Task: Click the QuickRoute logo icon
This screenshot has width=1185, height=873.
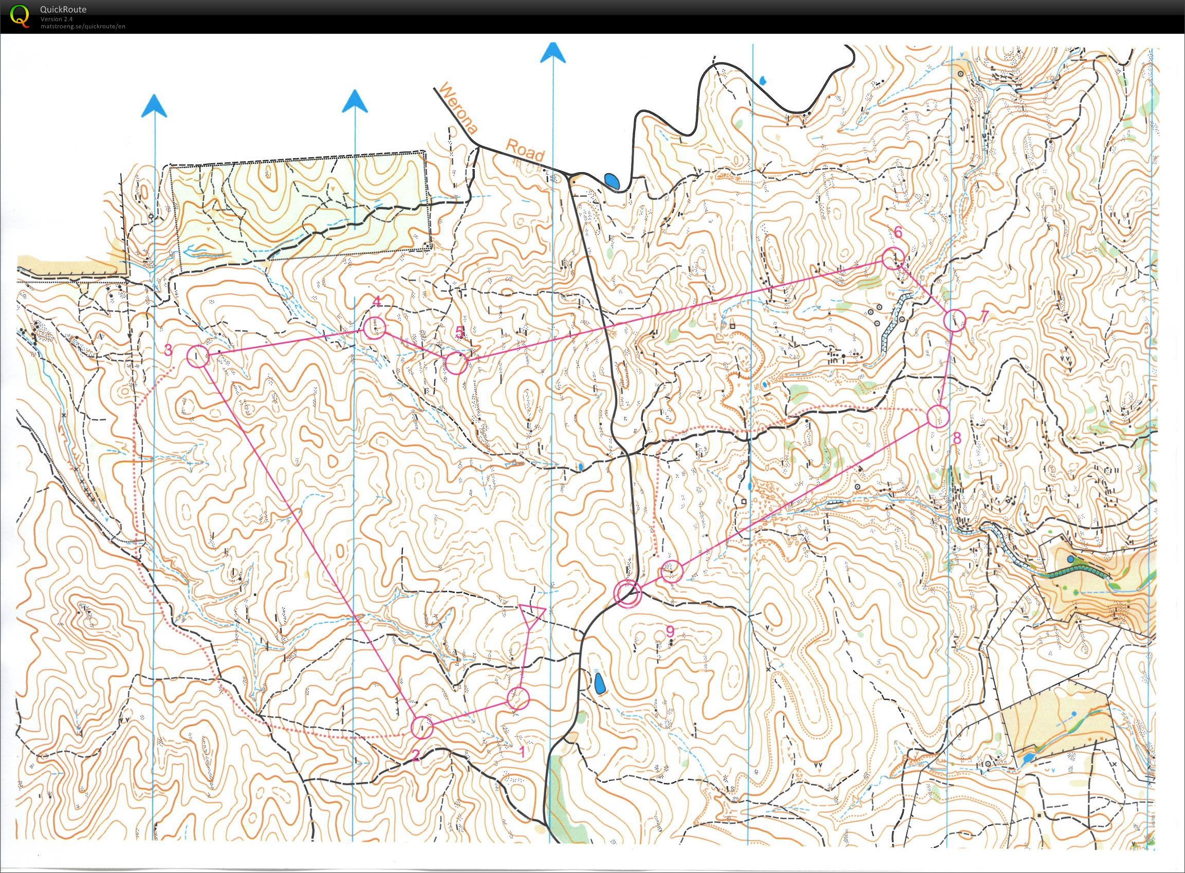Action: (20, 14)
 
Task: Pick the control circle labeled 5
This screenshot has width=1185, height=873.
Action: (456, 364)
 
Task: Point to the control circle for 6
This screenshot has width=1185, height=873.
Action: (892, 258)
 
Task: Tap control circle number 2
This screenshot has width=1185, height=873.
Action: (422, 727)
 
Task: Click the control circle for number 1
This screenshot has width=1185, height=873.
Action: (518, 698)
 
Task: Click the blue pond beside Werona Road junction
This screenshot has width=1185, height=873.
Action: (612, 182)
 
